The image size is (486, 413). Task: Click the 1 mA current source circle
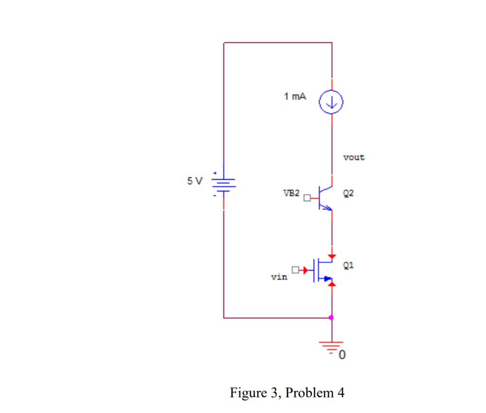click(x=331, y=101)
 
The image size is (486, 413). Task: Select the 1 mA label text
click(x=295, y=97)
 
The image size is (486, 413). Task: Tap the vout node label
click(x=354, y=157)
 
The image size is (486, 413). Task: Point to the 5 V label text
click(x=194, y=181)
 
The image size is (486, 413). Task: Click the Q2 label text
click(x=348, y=193)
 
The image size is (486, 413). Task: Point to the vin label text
click(x=279, y=277)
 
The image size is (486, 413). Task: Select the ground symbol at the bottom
click(x=331, y=346)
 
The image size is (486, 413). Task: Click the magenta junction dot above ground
click(x=331, y=318)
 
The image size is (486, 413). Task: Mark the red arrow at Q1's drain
click(x=331, y=257)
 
